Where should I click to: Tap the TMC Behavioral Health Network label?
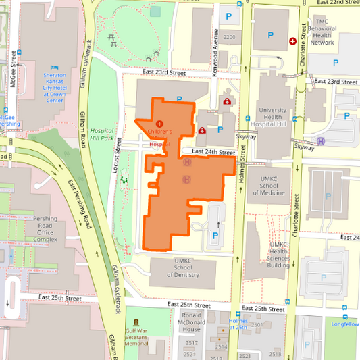(x=322, y=32)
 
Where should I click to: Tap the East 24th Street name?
(x=213, y=152)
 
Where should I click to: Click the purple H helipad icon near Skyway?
(x=321, y=141)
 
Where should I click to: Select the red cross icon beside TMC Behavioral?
(x=292, y=41)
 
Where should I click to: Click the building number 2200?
(x=229, y=36)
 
